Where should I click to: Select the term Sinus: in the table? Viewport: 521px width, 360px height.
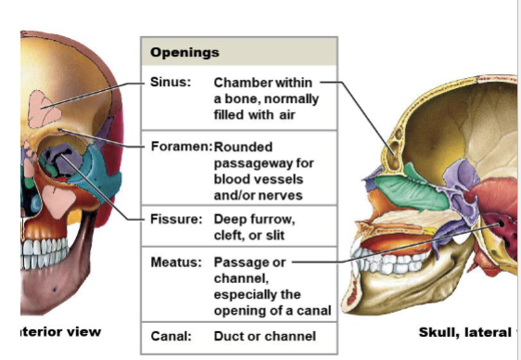pyautogui.click(x=170, y=82)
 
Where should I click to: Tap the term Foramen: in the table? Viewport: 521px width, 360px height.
pyautogui.click(x=181, y=146)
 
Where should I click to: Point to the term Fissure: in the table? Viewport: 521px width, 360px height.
pyautogui.click(x=175, y=220)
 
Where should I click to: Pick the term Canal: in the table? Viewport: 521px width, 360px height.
pyautogui.click(x=171, y=335)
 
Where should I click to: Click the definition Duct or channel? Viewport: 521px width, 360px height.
pyautogui.click(x=264, y=335)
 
